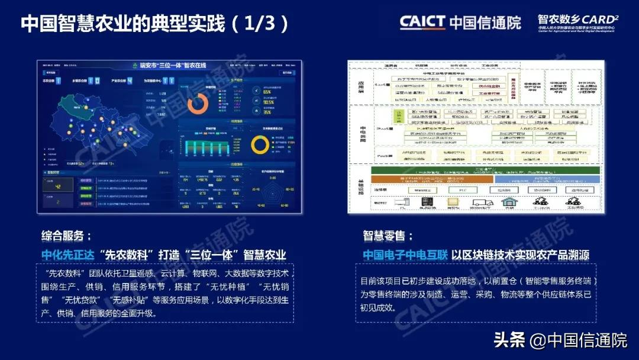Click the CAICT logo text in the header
click(x=422, y=22)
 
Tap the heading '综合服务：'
click(x=66, y=236)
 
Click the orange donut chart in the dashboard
click(x=197, y=104)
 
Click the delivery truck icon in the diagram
click(x=482, y=202)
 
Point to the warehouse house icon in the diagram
click(x=508, y=202)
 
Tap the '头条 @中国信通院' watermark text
click(x=560, y=340)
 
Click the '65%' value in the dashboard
click(x=267, y=92)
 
